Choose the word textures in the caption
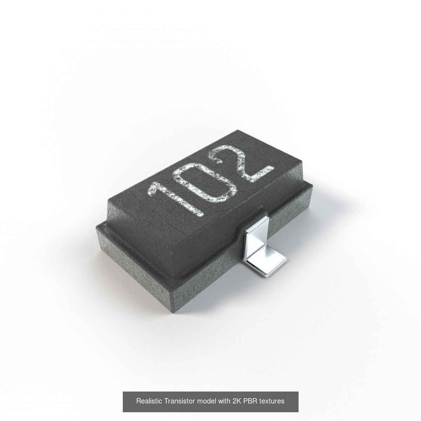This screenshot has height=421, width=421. click(272, 401)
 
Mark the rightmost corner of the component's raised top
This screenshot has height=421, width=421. click(302, 162)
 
